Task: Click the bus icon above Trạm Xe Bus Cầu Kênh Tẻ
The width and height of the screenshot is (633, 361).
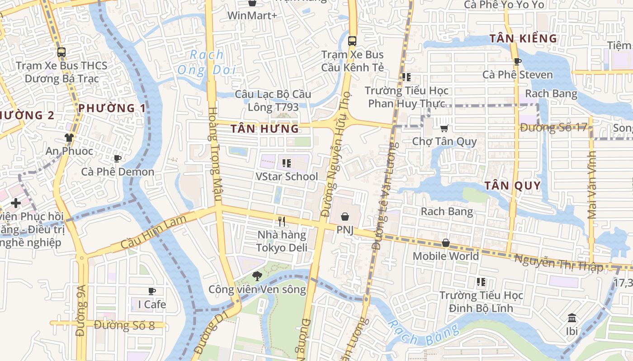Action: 352,41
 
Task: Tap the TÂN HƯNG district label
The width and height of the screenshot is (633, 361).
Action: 265,129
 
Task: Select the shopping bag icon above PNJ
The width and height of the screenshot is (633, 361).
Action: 345,217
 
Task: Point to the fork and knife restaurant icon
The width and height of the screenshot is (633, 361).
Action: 282,222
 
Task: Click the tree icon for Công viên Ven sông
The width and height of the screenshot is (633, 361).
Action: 257,275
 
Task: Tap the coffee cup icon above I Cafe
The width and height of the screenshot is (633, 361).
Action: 152,291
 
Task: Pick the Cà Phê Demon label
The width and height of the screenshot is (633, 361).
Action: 118,172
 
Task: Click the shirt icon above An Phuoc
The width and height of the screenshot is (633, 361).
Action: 69,138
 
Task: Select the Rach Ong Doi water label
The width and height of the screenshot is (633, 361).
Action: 207,62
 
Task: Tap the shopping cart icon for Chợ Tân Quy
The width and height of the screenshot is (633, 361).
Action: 444,128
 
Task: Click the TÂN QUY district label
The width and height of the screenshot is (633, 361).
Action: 512,185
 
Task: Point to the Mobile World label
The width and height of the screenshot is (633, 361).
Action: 445,256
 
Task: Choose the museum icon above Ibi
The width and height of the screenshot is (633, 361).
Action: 572,318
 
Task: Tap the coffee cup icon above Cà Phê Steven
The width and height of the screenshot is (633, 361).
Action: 518,61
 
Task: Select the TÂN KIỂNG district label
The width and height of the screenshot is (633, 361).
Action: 523,39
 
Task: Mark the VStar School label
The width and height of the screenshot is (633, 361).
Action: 287,176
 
